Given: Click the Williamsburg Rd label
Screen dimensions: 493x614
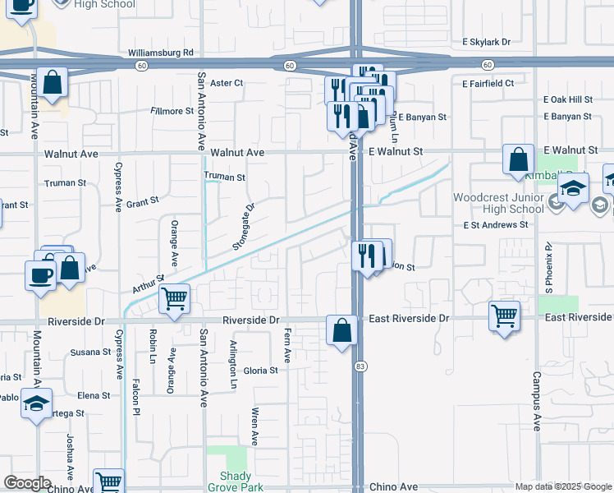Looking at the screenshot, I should tap(160, 53).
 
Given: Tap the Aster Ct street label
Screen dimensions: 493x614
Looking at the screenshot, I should tap(227, 83).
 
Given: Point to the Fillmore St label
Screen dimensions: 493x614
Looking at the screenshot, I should tap(172, 111).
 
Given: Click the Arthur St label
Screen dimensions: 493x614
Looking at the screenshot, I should tap(149, 284).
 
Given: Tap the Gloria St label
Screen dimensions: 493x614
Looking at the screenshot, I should tap(261, 371).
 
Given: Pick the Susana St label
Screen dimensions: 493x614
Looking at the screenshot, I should tap(89, 352).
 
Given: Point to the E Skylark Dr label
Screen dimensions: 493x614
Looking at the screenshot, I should tap(486, 41).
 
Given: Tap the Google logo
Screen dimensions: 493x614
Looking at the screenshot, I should tap(27, 483).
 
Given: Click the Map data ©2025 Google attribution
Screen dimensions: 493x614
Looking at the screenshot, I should tap(562, 486).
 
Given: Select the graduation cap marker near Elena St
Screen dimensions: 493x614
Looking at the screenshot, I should tap(37, 403).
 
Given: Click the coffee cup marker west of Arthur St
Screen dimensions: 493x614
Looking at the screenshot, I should tap(41, 274).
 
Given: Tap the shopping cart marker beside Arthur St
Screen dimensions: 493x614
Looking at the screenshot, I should tap(174, 300).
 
